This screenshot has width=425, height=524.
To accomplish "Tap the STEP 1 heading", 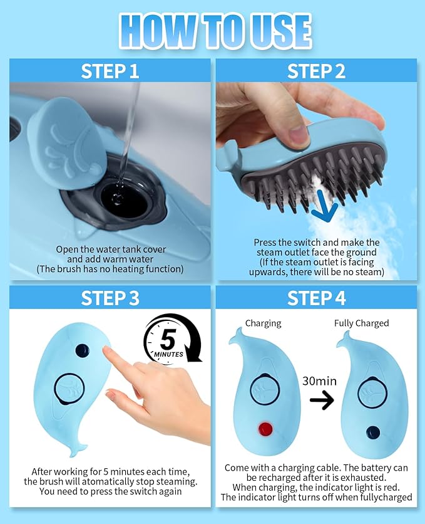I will (x=110, y=71).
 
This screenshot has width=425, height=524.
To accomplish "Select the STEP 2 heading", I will (x=316, y=71).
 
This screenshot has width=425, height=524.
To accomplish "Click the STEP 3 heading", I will (x=110, y=298).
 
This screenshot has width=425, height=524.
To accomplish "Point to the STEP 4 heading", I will (x=316, y=298).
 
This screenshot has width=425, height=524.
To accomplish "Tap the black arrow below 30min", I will (x=322, y=400).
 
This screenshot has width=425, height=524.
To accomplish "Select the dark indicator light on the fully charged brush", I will (x=373, y=432).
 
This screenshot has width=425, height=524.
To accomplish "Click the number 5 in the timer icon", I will (x=168, y=340).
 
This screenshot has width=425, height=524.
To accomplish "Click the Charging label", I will (x=263, y=323).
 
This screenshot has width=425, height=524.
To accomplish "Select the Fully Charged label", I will (x=361, y=323).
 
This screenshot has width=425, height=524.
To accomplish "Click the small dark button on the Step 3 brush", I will (x=82, y=350).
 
